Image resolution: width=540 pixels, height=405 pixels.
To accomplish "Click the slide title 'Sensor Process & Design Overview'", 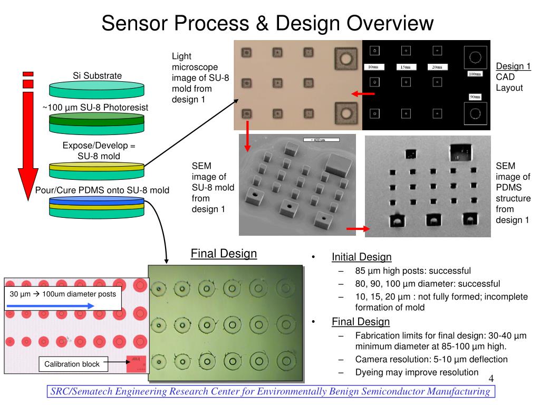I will [267, 24].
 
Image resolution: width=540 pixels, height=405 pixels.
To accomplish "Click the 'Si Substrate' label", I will [97, 76].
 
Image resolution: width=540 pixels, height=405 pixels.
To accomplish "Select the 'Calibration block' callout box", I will [72, 364].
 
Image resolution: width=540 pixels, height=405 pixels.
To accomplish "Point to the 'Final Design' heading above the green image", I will [224, 254].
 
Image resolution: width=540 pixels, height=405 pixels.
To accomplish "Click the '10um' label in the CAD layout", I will [374, 67].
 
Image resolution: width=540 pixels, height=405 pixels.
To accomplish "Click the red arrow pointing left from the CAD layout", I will [363, 94].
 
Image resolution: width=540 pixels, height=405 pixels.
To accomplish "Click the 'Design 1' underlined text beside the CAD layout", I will [513, 66].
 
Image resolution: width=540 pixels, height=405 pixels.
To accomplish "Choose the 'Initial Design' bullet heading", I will [361, 257].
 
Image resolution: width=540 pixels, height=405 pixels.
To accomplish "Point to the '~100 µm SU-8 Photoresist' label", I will [95, 108].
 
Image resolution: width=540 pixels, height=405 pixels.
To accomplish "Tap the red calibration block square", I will [135, 364].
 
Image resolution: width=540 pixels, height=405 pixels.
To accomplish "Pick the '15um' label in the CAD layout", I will [405, 67].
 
